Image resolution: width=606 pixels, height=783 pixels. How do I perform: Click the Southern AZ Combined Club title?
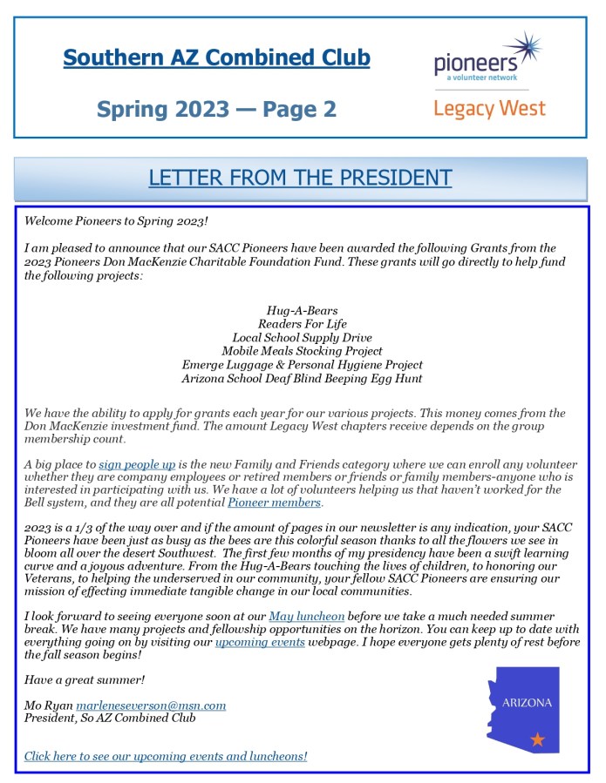[216, 58]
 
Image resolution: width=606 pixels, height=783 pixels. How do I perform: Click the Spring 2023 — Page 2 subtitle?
[216, 110]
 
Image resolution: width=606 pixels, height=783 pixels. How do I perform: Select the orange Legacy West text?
[489, 109]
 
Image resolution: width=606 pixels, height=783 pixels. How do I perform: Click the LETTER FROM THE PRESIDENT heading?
[300, 178]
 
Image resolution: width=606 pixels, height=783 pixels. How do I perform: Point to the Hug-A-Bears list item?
[302, 310]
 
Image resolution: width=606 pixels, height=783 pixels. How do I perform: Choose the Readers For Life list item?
[302, 323]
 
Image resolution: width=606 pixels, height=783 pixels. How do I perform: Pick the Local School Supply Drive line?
[302, 337]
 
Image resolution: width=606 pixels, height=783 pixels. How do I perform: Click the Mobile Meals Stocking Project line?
[302, 351]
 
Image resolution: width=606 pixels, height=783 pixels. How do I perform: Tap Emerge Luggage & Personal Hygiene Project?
[302, 364]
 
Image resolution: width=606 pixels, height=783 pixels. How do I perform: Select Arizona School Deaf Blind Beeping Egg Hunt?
[302, 378]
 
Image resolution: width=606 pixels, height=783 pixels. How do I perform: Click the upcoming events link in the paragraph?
[260, 642]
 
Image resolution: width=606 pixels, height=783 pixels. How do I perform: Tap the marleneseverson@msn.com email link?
[151, 705]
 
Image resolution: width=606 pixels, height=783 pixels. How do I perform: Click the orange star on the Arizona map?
[537, 739]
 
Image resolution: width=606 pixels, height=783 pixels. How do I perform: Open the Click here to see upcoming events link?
[166, 755]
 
